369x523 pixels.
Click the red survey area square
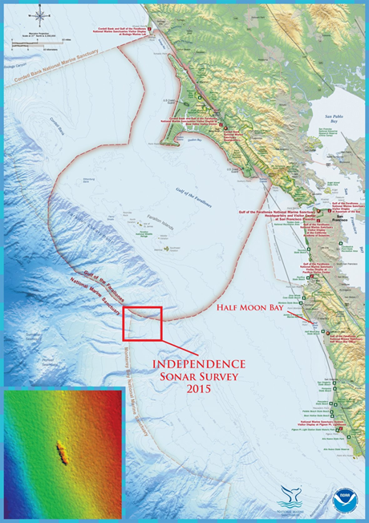point(143,323)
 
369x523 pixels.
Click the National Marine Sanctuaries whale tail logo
point(292,497)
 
